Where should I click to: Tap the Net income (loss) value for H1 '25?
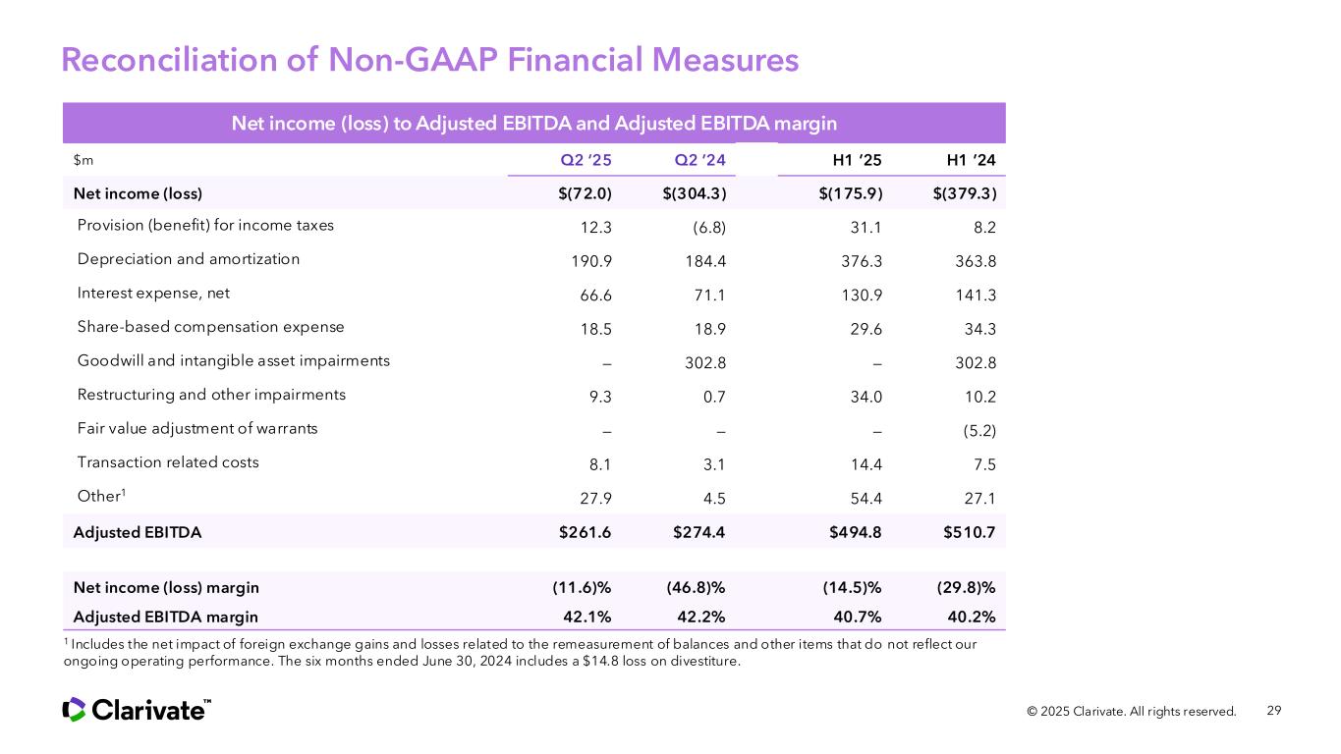[851, 192]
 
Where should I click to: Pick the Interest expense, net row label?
[153, 293]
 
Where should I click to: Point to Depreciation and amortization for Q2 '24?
[704, 260]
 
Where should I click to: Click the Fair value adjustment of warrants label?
[197, 428]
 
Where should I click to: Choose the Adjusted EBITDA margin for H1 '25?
[853, 617]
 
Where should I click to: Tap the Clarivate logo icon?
[74, 709]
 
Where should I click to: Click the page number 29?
[1274, 711]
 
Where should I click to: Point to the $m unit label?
[84, 159]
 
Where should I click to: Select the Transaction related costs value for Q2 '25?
[597, 462]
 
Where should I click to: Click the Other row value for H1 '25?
[865, 498]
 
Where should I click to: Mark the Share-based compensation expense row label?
[211, 326]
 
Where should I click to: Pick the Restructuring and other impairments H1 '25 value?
[865, 396]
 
